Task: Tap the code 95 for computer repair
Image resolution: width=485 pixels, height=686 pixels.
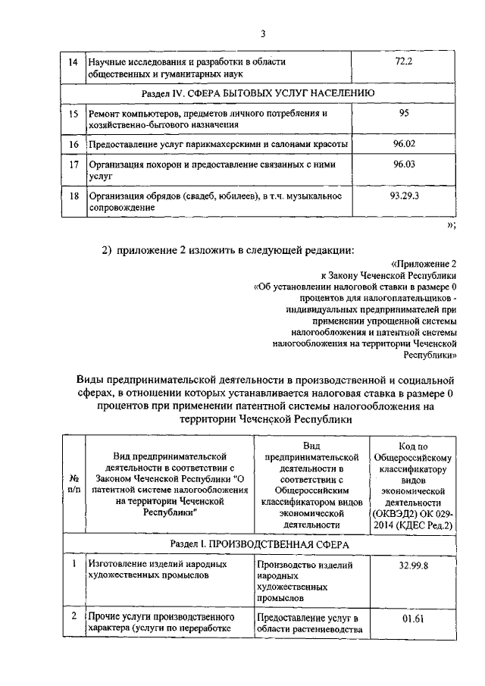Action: (402, 113)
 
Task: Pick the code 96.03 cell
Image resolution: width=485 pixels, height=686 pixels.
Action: (402, 164)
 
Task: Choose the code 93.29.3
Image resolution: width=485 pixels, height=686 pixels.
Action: (402, 196)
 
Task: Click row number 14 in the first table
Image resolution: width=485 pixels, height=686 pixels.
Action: (74, 61)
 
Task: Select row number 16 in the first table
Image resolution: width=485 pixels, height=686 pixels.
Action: (74, 143)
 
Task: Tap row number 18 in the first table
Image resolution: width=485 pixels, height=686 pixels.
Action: (74, 196)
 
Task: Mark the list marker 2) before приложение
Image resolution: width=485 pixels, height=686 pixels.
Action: (107, 250)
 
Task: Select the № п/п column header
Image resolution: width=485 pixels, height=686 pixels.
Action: (74, 484)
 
